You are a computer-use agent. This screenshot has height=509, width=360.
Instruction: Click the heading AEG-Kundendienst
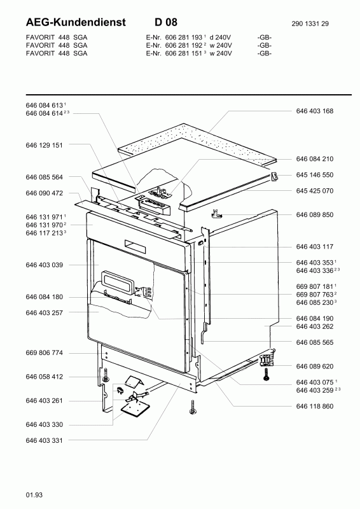[x=76, y=22]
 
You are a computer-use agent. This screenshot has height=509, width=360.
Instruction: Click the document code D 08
[x=166, y=22]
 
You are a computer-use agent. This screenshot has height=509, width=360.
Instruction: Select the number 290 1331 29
[x=310, y=24]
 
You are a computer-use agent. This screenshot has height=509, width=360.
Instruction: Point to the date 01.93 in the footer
[x=34, y=495]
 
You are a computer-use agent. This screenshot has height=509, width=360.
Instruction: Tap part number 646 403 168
[x=315, y=111]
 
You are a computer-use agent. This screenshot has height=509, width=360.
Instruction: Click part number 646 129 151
[x=44, y=145]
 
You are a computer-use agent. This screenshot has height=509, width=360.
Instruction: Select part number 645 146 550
[x=315, y=175]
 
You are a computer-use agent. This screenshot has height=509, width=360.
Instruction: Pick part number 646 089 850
[x=315, y=215]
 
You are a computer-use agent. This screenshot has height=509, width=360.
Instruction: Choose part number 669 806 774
[x=44, y=353]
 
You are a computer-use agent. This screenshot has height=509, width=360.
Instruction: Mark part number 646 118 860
[x=315, y=406]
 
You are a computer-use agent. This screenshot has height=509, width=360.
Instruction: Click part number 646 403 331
[x=44, y=440]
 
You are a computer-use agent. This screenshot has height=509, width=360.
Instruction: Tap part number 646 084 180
[x=44, y=297]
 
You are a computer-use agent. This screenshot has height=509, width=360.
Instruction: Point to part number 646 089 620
[x=315, y=366]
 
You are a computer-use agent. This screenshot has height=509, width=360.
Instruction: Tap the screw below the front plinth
[x=193, y=407]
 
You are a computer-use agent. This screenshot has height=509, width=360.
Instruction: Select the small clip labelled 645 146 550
[x=275, y=177]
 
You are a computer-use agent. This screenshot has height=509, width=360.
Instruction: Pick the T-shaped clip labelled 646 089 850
[x=216, y=214]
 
